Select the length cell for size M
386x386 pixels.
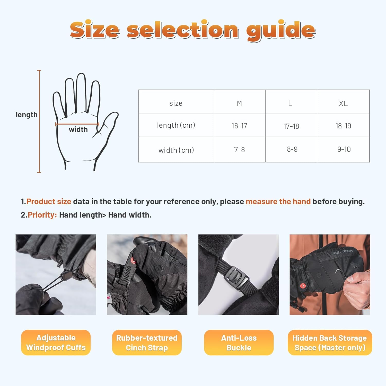point(240,125)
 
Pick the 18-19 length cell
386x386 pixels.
point(343,125)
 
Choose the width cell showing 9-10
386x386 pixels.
point(343,150)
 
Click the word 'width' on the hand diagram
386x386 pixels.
point(78,129)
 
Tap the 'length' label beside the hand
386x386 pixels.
point(27,115)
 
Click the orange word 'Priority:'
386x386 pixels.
point(42,215)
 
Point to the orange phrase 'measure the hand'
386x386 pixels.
point(278,201)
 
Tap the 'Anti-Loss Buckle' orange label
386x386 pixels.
point(239,343)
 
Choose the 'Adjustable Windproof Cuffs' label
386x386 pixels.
point(56,343)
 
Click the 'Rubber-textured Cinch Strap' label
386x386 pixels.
point(147,343)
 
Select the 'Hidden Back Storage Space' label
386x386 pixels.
point(330,343)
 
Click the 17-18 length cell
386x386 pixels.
point(291,125)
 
